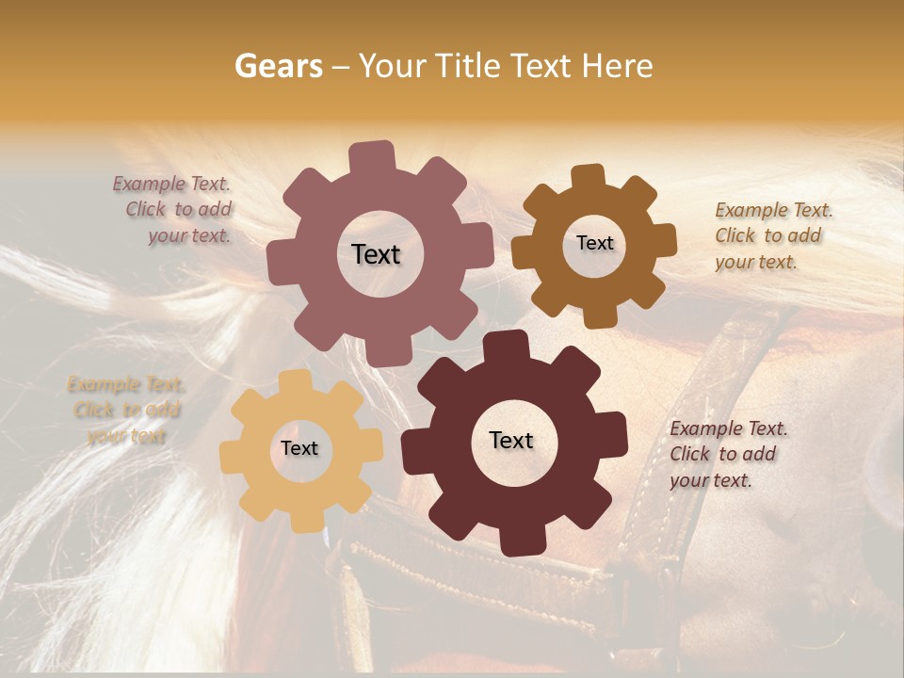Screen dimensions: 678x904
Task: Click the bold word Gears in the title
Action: point(278,66)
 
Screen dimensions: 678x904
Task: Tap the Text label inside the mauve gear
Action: point(376,254)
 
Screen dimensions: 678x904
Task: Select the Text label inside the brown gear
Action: point(594,243)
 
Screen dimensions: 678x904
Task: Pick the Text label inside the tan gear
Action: point(299,448)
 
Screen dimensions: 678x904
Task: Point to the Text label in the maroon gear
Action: point(511,440)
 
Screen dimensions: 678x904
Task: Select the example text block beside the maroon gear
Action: point(728,454)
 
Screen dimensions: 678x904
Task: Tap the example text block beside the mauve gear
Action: point(173,209)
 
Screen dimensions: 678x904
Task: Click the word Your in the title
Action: point(394,66)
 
